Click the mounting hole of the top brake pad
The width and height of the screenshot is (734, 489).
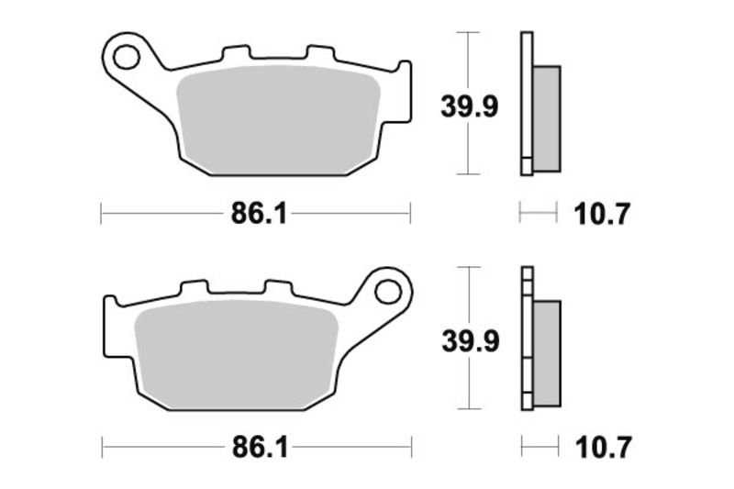pos(125,57)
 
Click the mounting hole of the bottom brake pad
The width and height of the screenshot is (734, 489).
pos(388,292)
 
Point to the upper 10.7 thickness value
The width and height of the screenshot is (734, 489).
pos(602,215)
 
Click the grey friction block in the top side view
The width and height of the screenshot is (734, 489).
pos(546,117)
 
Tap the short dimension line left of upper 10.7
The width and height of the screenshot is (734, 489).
pos(539,215)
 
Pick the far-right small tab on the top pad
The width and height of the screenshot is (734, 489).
pos(402,70)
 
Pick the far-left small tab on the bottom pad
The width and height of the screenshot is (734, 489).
pos(111,304)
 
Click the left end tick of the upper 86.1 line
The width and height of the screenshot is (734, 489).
pos(100,215)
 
